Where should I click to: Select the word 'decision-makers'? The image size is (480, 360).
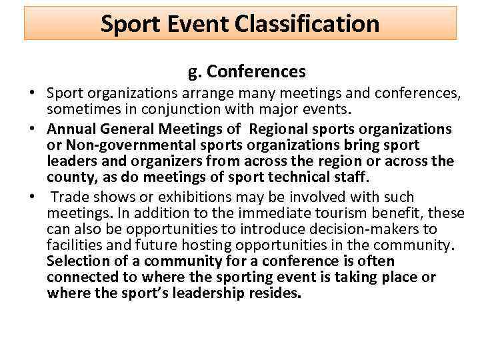click(x=358, y=229)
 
